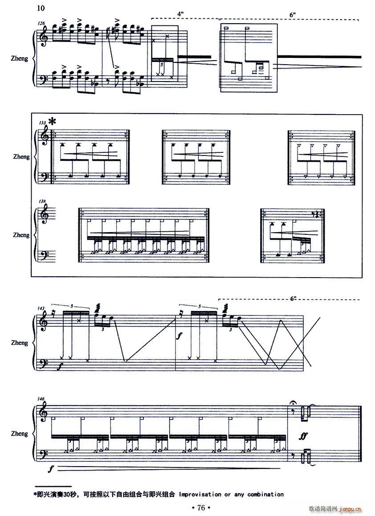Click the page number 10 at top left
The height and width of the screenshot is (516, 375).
(41, 8)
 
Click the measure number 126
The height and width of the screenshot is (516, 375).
(41, 23)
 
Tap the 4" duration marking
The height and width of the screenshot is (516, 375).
(180, 14)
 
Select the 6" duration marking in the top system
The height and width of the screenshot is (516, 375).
(293, 14)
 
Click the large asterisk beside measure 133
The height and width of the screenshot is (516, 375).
(52, 122)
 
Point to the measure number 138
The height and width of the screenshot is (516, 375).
(42, 201)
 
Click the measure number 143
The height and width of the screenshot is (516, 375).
(41, 308)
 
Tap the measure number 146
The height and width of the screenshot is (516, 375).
(41, 398)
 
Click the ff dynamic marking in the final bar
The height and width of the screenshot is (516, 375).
(303, 436)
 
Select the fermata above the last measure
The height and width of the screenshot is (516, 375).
(293, 403)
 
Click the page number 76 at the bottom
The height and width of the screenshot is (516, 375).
(201, 508)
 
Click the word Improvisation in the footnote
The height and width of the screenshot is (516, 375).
(200, 494)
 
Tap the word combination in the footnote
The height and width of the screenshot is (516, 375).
(265, 494)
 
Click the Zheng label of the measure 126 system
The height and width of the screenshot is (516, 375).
(20, 59)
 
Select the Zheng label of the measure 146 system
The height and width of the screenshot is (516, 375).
(20, 434)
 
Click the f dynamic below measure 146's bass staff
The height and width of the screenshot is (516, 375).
(50, 469)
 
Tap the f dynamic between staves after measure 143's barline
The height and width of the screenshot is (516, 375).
(179, 336)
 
